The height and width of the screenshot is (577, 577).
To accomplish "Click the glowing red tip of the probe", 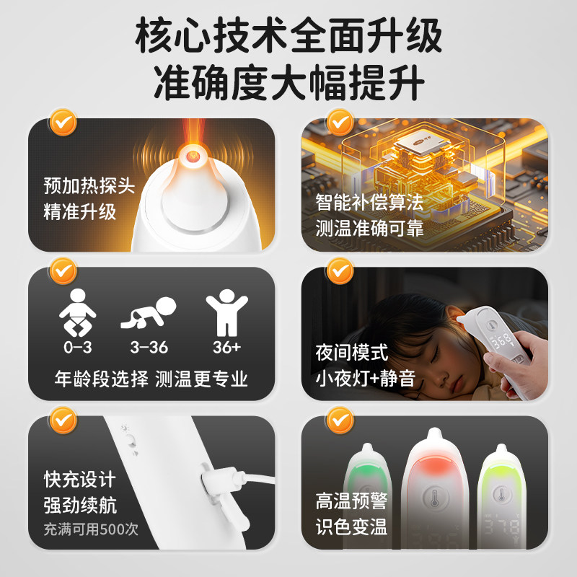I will (x=193, y=154).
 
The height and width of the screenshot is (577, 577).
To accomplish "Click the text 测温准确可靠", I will (x=369, y=229).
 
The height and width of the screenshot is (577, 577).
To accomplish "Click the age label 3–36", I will (x=149, y=348).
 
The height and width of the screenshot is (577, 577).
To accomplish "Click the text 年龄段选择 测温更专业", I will (x=151, y=379).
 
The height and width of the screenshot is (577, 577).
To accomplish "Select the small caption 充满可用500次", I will (x=90, y=529).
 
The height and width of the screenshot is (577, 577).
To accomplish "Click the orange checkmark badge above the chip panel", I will (x=339, y=121).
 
